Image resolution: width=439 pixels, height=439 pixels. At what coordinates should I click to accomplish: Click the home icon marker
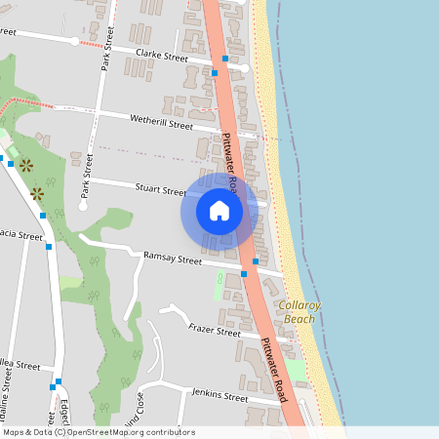[x=219, y=211]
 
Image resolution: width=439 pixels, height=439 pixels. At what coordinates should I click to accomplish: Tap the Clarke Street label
[x=162, y=57]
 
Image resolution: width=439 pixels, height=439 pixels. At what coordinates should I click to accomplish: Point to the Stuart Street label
[x=161, y=191]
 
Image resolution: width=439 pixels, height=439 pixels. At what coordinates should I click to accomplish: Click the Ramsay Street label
[x=172, y=259]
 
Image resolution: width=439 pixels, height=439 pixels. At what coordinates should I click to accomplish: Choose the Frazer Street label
[x=215, y=332]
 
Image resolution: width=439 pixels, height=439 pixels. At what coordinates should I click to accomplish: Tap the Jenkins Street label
[x=220, y=397]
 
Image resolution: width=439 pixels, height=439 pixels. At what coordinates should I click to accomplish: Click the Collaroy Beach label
[x=298, y=312]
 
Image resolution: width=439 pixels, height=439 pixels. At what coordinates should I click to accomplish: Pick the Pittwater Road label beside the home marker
[x=231, y=161]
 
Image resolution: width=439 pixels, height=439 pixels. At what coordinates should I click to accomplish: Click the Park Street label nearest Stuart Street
[x=87, y=176]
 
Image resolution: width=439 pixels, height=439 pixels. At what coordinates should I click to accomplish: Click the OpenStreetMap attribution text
[x=99, y=432]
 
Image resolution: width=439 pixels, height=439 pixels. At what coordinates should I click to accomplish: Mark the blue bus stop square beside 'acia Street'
[x=48, y=247]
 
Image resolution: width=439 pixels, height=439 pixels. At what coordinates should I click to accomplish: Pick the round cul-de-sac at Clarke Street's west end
[x=74, y=41]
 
